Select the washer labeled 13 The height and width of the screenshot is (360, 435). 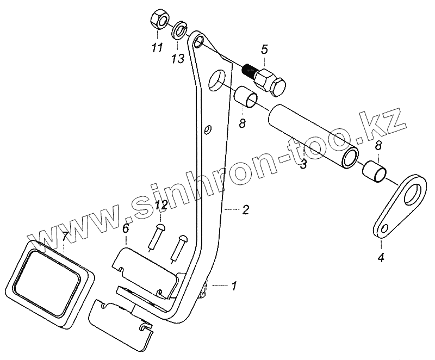pyautogui.click(x=179, y=29)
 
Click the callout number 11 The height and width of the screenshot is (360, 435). pyautogui.click(x=157, y=49)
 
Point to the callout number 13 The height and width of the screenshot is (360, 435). pyautogui.click(x=178, y=59)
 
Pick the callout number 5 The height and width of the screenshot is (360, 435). pyautogui.click(x=264, y=50)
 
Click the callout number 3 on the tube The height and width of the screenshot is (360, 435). pyautogui.click(x=304, y=164)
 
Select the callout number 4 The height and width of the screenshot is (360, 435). pyautogui.click(x=381, y=258)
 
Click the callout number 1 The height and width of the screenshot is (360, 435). pyautogui.click(x=234, y=284)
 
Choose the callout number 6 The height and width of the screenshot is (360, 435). pyautogui.click(x=126, y=229)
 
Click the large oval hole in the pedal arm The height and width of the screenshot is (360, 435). pyautogui.click(x=217, y=80)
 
